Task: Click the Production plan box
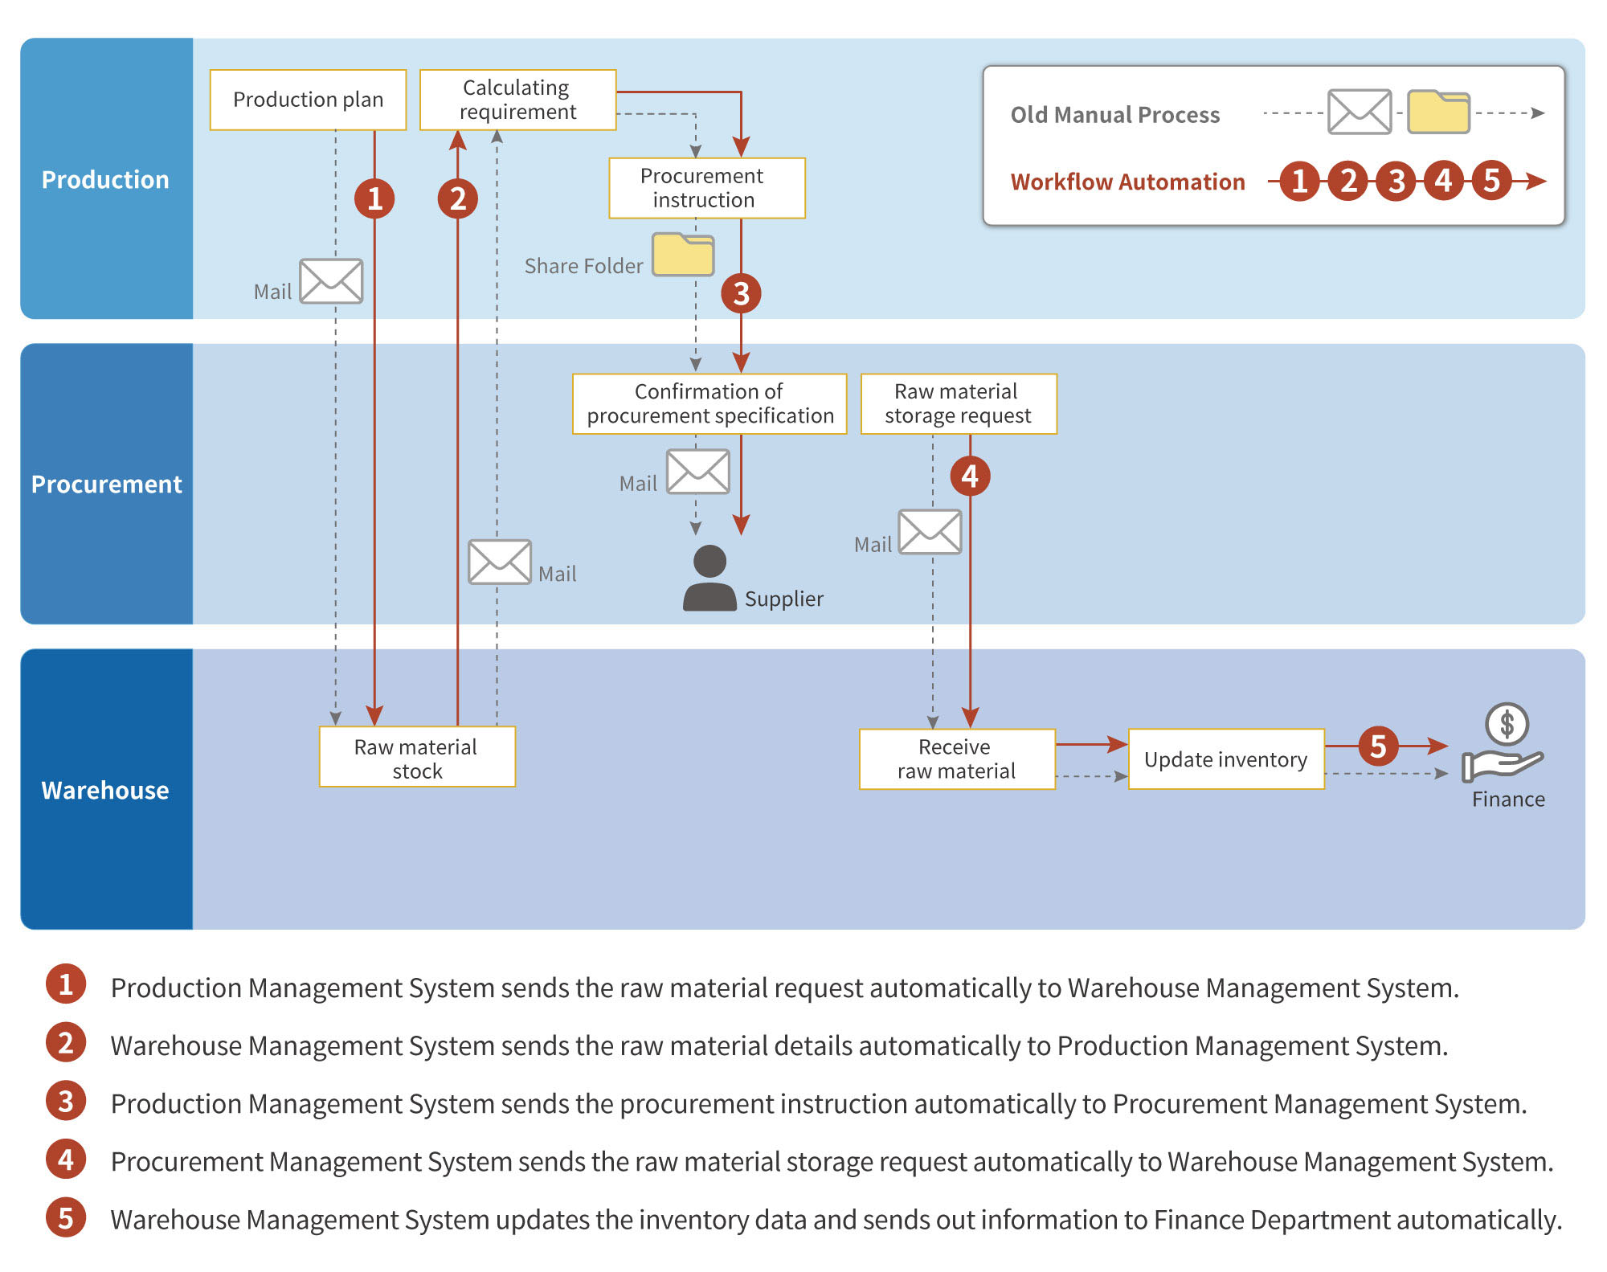click(x=308, y=100)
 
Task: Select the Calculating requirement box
click(x=517, y=100)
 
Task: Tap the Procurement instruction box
click(x=706, y=188)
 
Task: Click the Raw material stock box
click(x=417, y=758)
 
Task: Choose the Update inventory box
click(x=1225, y=759)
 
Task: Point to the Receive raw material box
click(x=956, y=759)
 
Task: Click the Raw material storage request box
click(x=958, y=403)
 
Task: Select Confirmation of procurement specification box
click(x=709, y=403)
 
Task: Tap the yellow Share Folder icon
click(x=683, y=255)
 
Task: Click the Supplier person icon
click(x=709, y=579)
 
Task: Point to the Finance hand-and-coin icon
click(x=1504, y=743)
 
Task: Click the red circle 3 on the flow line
click(x=741, y=293)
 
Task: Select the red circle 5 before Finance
click(x=1378, y=746)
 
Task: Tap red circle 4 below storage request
click(x=970, y=476)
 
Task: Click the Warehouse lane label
click(x=105, y=790)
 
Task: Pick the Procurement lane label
click(x=106, y=484)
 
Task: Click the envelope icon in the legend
click(x=1359, y=112)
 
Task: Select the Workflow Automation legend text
click(x=1127, y=182)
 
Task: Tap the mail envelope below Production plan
click(x=331, y=281)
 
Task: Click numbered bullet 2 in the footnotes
click(x=66, y=1043)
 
